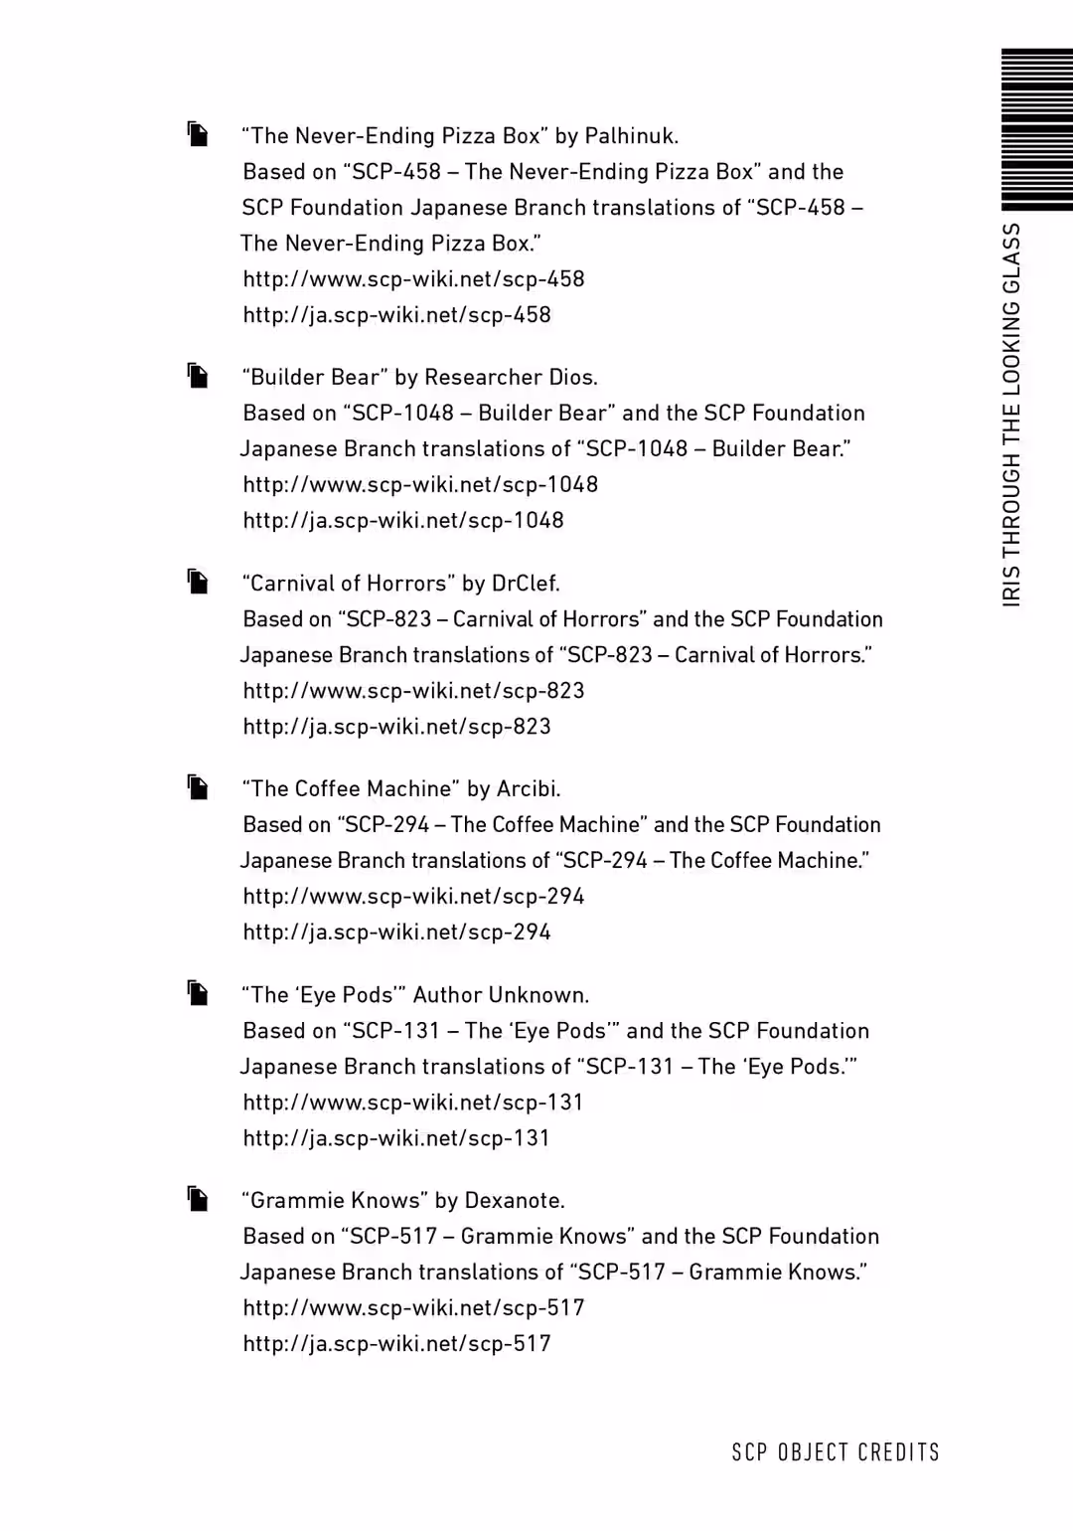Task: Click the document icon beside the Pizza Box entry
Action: click(x=198, y=134)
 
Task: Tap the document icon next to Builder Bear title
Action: click(x=198, y=376)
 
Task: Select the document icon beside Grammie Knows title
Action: click(x=198, y=1199)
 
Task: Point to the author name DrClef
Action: click(x=526, y=584)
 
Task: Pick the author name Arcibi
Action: click(x=528, y=789)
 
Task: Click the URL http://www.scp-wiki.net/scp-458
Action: click(x=413, y=279)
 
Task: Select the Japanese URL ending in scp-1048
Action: click(x=403, y=521)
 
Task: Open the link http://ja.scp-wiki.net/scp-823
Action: click(x=396, y=727)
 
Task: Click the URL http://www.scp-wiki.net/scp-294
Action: click(x=413, y=897)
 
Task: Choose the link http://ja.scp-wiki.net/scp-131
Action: click(x=396, y=1138)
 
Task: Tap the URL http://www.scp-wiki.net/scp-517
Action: click(x=413, y=1308)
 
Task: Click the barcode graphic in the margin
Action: click(x=1036, y=129)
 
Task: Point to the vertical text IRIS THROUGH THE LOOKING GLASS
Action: click(x=1011, y=415)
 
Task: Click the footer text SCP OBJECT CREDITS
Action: click(x=836, y=1452)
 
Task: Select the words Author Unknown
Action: click(x=501, y=995)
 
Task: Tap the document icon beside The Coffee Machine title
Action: click(x=198, y=787)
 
